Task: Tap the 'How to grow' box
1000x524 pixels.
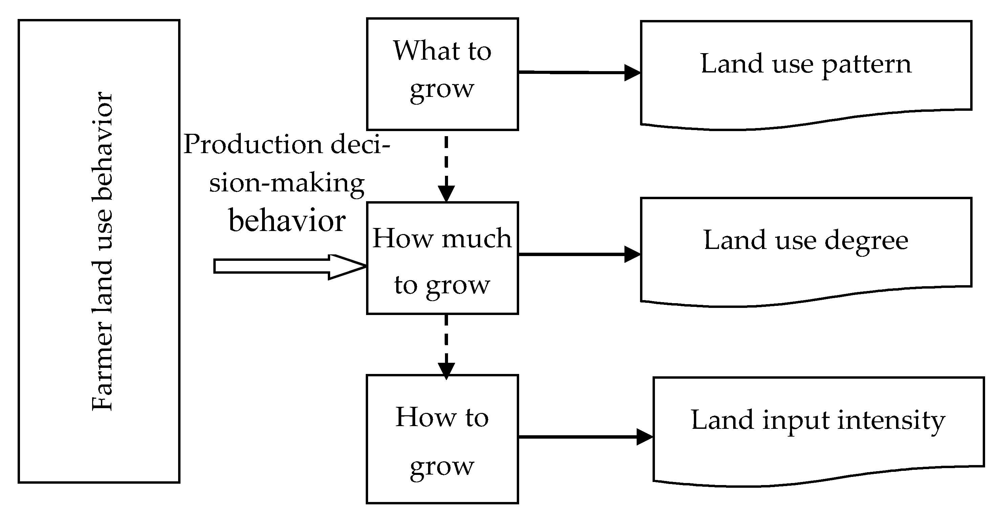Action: coord(442,439)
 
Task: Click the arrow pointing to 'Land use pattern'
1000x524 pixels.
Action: coord(578,72)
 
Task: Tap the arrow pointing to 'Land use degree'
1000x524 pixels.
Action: coord(578,254)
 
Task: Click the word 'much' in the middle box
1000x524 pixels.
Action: coord(476,238)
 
